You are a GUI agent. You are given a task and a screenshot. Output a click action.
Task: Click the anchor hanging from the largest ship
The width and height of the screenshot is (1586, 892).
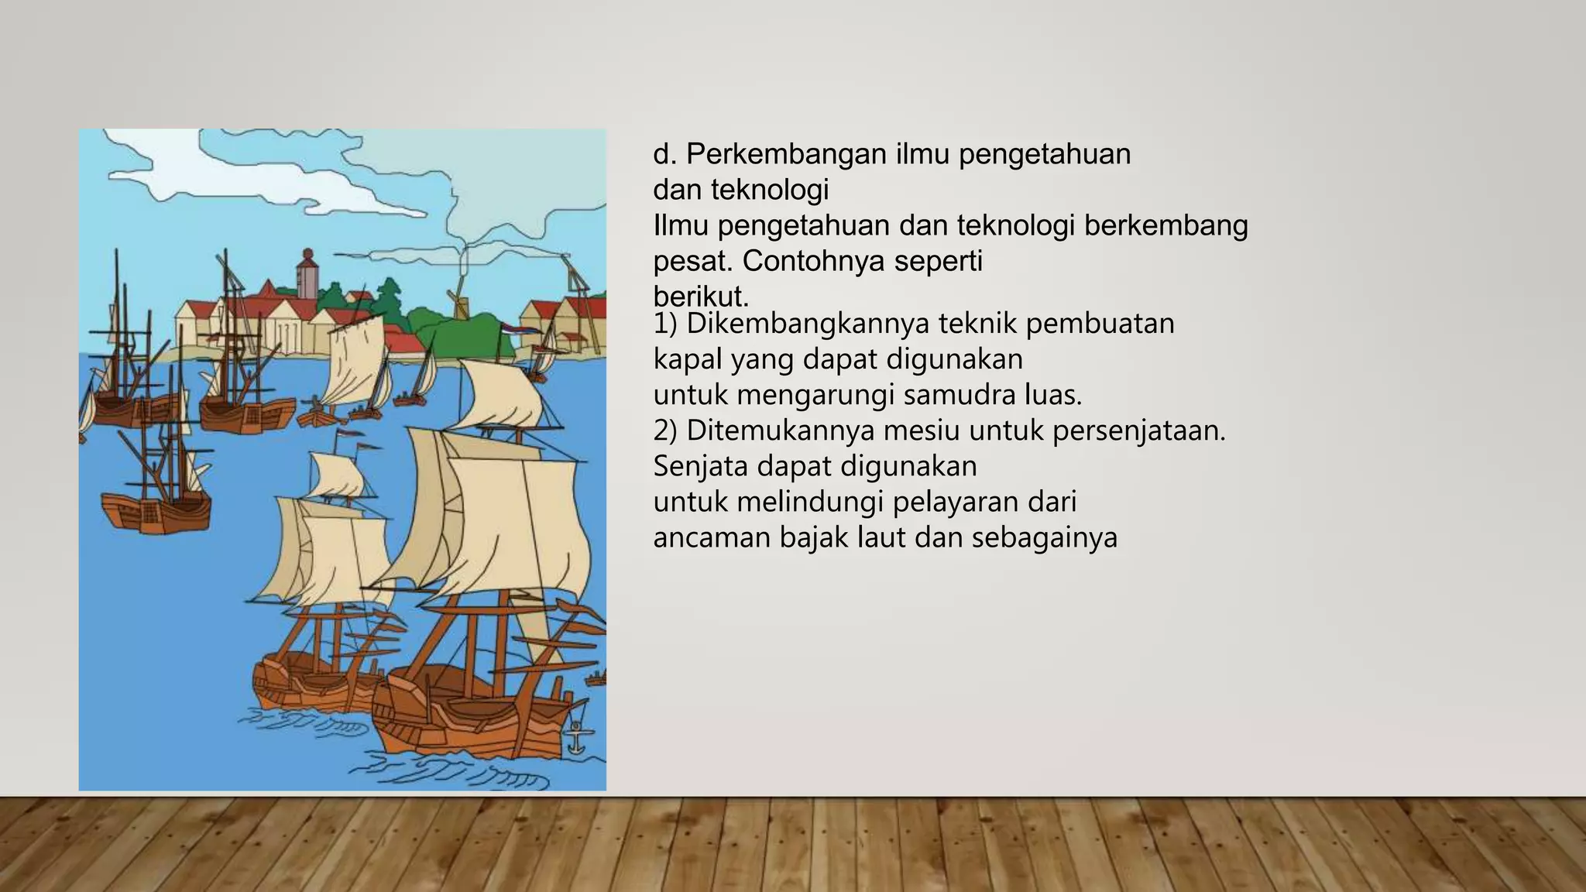pos(576,737)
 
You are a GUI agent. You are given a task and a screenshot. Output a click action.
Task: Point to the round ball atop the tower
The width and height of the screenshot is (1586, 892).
pos(307,253)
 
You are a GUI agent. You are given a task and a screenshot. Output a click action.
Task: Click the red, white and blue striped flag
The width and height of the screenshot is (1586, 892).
pos(511,329)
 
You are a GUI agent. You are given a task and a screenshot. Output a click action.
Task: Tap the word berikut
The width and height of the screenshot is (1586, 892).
pos(700,297)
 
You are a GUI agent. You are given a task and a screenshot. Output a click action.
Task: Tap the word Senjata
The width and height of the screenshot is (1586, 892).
pos(700,466)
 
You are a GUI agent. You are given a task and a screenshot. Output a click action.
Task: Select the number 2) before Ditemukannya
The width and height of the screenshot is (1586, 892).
pos(665,431)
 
